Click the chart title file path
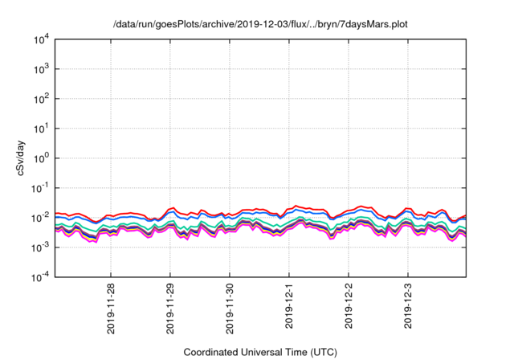click(261, 24)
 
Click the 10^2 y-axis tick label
click(41, 99)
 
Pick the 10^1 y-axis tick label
click(41, 129)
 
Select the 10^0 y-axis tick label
click(41, 158)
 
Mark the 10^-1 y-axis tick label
click(41, 188)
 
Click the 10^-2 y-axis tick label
click(41, 218)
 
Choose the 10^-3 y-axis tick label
click(41, 247)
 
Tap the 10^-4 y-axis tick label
click(41, 277)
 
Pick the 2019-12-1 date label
click(289, 307)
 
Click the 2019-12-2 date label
click(349, 307)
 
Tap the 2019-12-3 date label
click(408, 307)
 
